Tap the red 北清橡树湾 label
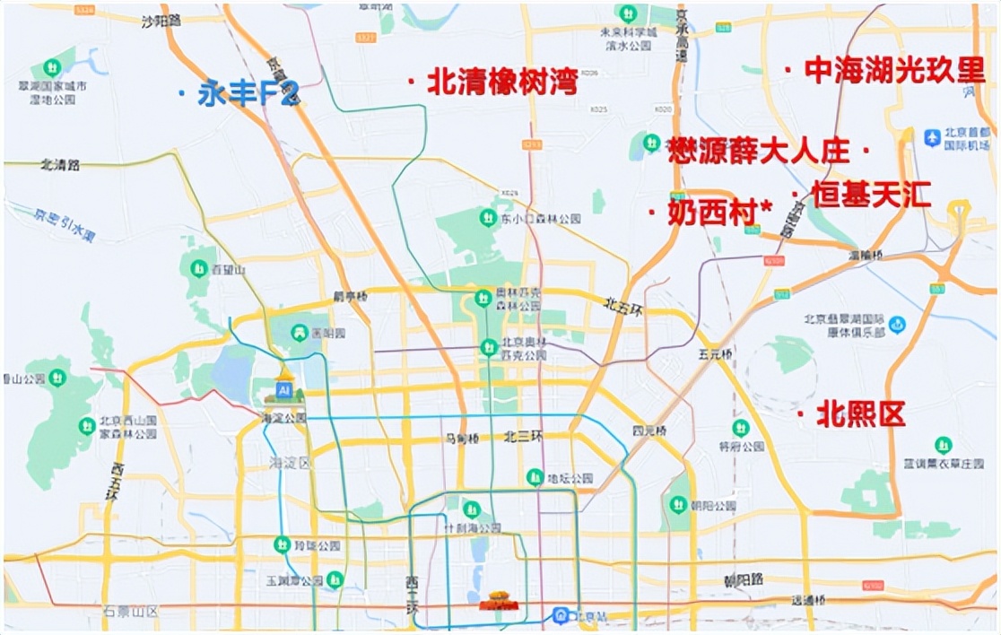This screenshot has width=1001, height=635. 501,83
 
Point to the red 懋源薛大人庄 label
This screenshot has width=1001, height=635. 759,151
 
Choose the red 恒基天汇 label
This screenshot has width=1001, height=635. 871,195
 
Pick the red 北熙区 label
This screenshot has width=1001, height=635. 860,413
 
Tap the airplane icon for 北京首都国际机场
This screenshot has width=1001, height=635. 932,138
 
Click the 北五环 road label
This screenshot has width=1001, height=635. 622,305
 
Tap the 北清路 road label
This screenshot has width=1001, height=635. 60,165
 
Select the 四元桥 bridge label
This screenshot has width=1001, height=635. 648,431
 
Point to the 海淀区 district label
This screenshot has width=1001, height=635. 290,463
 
